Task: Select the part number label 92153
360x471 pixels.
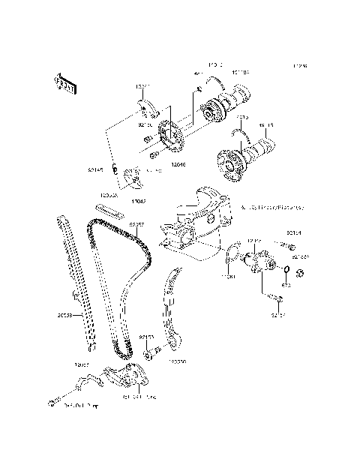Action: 147,338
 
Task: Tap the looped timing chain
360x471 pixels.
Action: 120,285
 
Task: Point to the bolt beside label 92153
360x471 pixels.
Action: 154,349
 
